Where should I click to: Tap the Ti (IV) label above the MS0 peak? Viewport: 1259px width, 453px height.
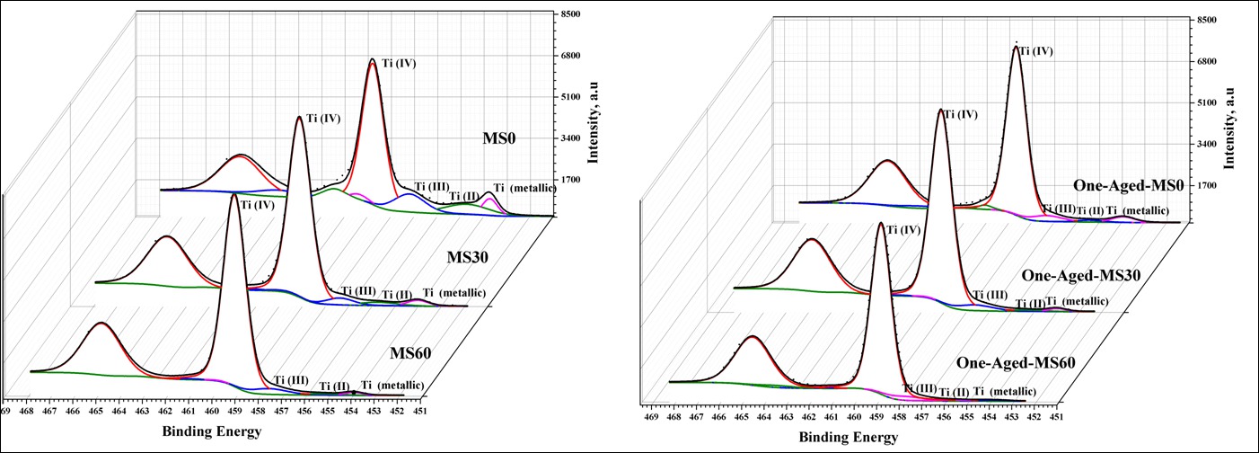[x=398, y=64]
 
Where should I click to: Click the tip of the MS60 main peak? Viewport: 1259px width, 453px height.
[x=234, y=194]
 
